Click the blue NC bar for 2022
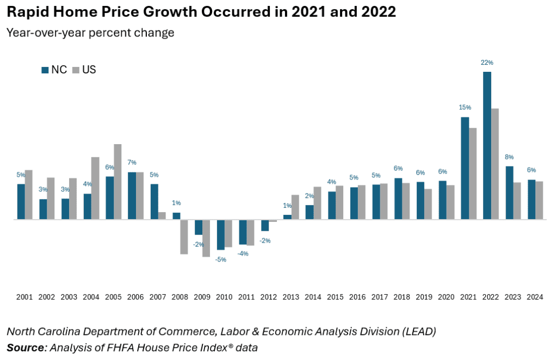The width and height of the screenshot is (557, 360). coord(487,145)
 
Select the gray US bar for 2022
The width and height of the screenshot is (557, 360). coord(495,164)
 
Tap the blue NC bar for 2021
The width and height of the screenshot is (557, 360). coord(465,168)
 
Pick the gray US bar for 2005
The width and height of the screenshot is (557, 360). coord(117,182)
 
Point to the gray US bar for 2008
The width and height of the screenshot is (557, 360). coord(184,237)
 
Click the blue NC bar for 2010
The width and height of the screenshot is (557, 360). coord(221,234)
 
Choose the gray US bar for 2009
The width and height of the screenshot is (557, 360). coord(206,238)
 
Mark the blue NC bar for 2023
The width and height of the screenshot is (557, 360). coord(509,193)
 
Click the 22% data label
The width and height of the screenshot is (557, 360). coord(487,63)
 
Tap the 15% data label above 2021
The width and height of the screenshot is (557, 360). coord(465,108)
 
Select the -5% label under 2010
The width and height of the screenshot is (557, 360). coord(221,259)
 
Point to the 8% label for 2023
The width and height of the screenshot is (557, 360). coord(509,157)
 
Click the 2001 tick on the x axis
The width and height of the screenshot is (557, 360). coord(24,297)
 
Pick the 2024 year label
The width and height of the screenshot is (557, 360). coord(535,297)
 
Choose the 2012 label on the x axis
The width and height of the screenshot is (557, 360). coord(269,297)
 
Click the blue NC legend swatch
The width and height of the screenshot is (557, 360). coord(45,70)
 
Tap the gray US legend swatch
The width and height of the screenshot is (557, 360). coord(76,70)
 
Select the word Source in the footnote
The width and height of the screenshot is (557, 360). coord(26,347)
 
